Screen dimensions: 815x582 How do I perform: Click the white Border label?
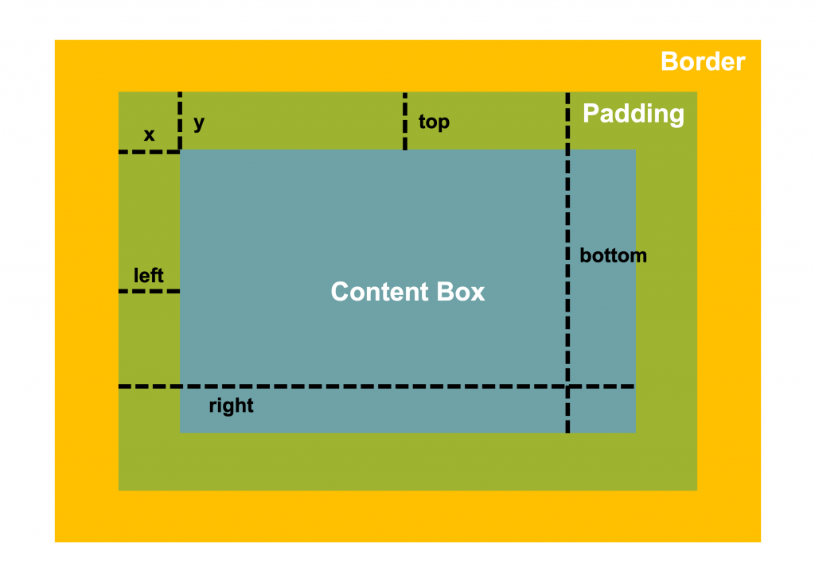703,61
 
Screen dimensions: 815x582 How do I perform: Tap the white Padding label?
633,114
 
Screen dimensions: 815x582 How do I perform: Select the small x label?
149,135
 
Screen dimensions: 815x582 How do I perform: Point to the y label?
199,123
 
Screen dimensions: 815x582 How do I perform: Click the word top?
434,122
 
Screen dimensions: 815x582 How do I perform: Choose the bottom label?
614,255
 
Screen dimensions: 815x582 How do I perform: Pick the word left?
149,275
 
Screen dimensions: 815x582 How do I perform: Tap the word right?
232,405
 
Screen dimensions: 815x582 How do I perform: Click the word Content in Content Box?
380,292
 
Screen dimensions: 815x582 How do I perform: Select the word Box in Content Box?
461,292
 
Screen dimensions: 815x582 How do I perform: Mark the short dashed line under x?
149,152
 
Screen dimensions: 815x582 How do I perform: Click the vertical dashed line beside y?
180,121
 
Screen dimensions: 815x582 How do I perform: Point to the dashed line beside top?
405,121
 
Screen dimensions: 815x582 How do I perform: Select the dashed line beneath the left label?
149,291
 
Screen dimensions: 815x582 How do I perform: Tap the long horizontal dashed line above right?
376,386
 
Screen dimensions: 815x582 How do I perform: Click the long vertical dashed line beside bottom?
567,262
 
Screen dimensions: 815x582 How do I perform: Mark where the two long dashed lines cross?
567,386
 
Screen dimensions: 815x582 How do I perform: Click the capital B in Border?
669,62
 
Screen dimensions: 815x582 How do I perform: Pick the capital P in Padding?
591,113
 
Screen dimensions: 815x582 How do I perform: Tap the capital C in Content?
341,292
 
